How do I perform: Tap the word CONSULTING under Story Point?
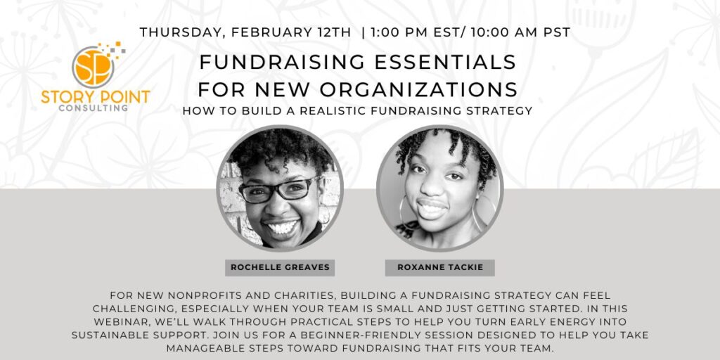pyautogui.click(x=94, y=108)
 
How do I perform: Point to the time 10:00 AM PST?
pyautogui.click(x=520, y=32)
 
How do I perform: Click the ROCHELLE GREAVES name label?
pyautogui.click(x=280, y=268)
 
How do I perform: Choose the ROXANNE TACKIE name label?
pyautogui.click(x=439, y=268)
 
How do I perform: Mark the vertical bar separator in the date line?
pyautogui.click(x=363, y=32)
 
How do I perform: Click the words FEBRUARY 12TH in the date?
pyautogui.click(x=292, y=32)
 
